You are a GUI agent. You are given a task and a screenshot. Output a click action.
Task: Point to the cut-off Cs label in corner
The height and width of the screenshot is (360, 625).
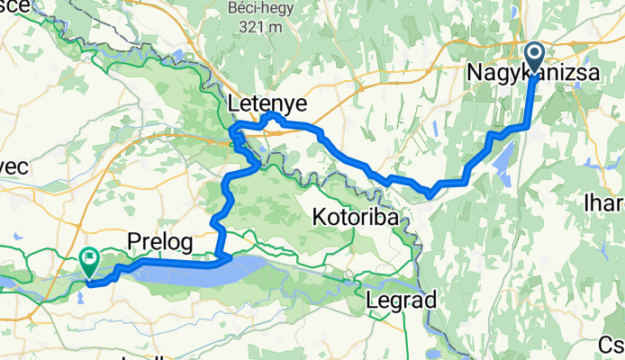[611, 346]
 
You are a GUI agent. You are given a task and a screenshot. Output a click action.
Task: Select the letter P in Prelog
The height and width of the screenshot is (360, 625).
[133, 241]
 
